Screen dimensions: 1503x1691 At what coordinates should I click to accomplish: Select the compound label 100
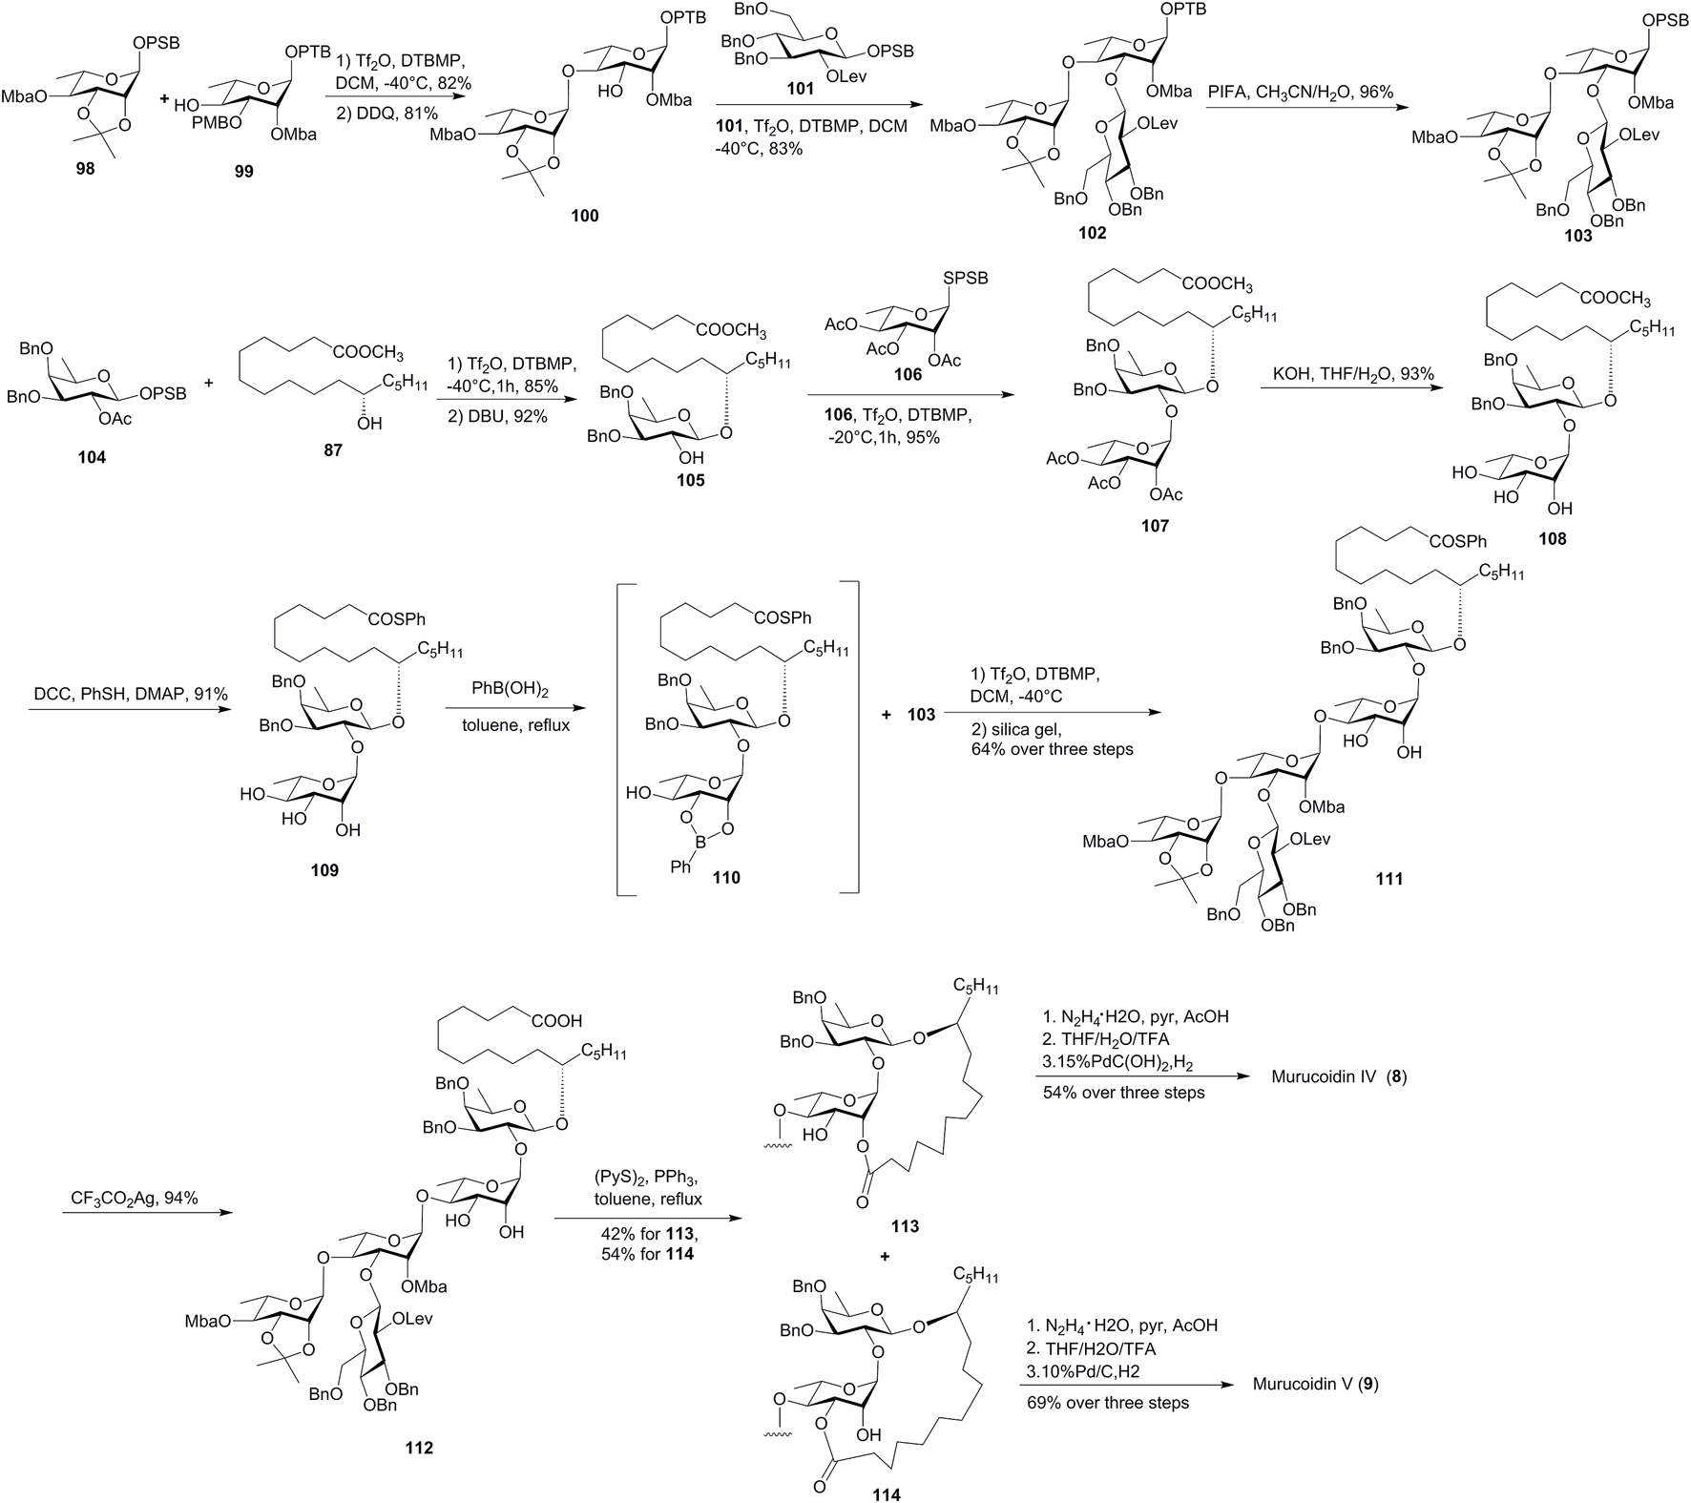click(x=584, y=216)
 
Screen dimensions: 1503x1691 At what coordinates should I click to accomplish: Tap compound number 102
click(x=1092, y=233)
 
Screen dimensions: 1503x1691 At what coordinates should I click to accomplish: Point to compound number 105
click(x=690, y=480)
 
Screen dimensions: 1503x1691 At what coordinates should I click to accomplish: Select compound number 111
click(x=1388, y=878)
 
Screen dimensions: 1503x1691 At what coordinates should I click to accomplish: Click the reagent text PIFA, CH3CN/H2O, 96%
click(x=1299, y=92)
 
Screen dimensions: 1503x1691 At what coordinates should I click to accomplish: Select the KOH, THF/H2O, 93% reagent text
click(x=1353, y=374)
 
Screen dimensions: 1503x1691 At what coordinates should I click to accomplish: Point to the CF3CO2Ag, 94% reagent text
click(x=135, y=1198)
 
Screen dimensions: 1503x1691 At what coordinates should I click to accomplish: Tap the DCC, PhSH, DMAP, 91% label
click(x=129, y=694)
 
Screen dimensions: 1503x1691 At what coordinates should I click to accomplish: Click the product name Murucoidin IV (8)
click(x=1339, y=1076)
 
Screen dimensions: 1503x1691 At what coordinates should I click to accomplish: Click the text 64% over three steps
click(x=1052, y=749)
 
